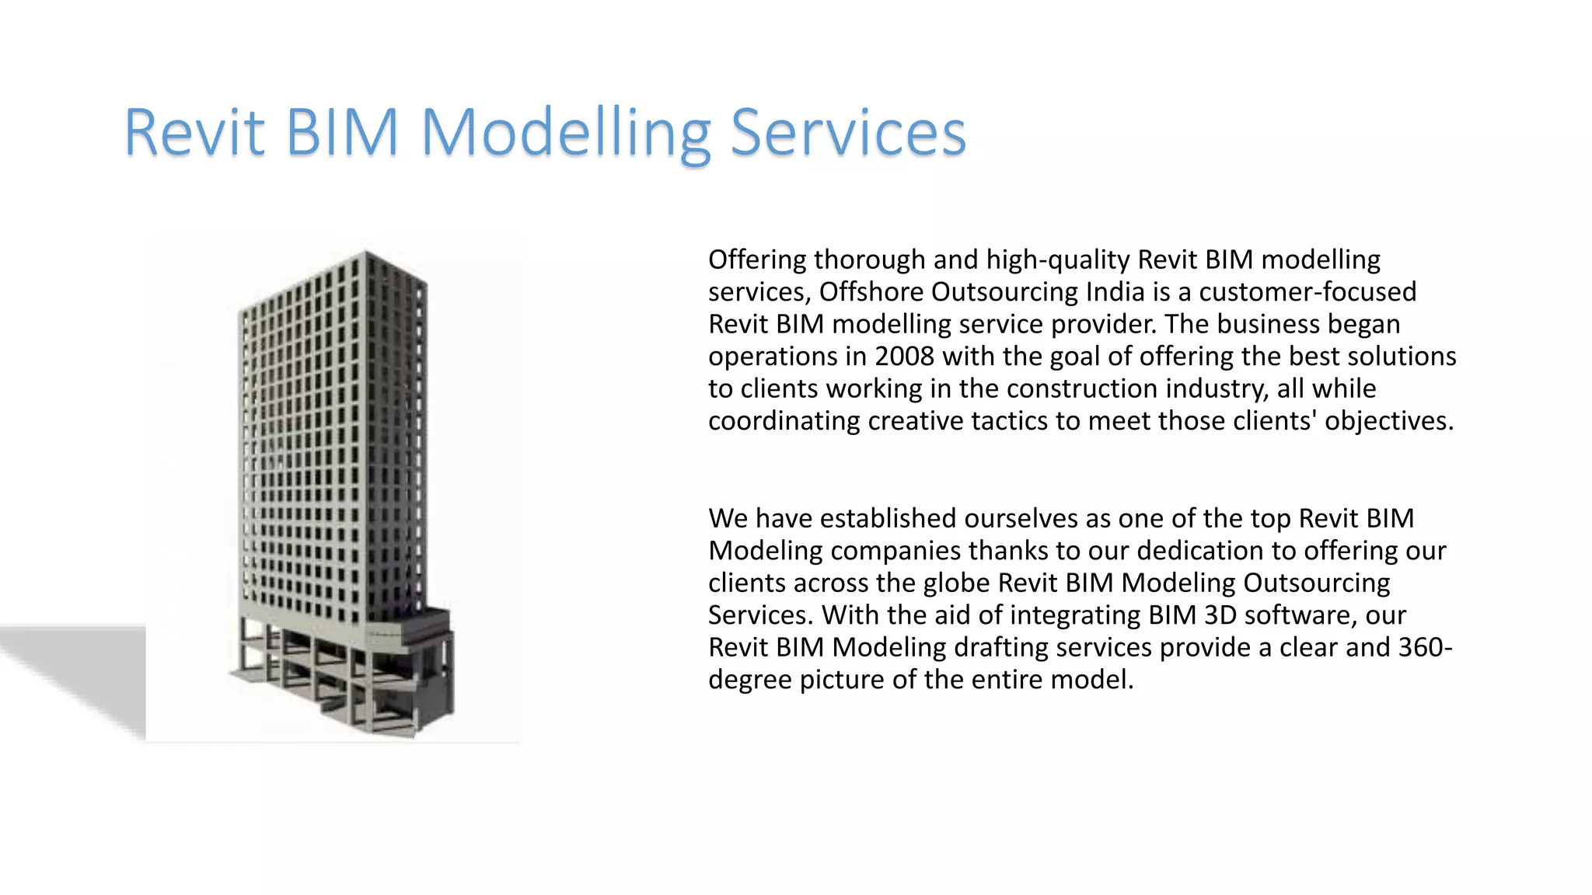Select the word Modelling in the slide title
click(565, 134)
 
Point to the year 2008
click(904, 356)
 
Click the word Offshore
click(871, 291)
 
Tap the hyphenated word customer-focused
click(1307, 291)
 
